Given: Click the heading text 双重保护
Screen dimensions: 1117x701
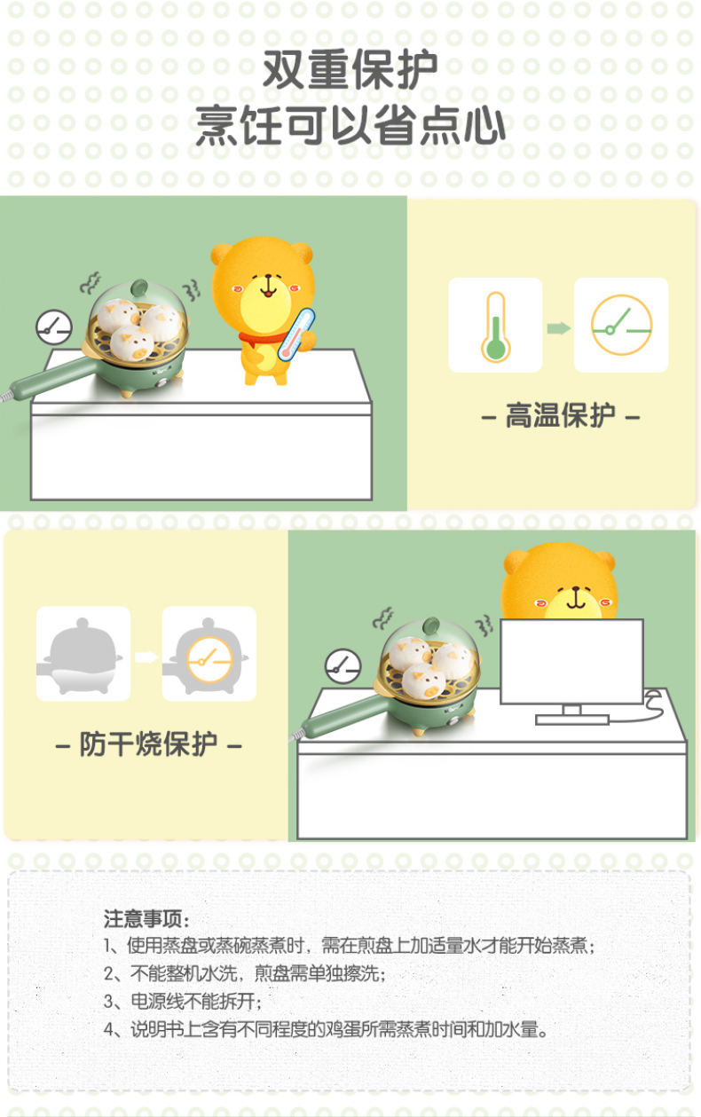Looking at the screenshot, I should click(350, 70).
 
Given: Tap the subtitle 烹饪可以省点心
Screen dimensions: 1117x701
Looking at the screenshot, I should click(350, 126).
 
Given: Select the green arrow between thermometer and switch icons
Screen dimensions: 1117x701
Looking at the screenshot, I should click(558, 328).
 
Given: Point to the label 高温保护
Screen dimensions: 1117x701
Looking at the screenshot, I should click(560, 415).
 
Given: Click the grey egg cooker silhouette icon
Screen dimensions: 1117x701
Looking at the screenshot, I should click(83, 654).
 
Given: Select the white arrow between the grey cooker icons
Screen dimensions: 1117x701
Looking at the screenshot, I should click(146, 657).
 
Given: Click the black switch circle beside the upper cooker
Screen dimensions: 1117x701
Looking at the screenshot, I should click(53, 327).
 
